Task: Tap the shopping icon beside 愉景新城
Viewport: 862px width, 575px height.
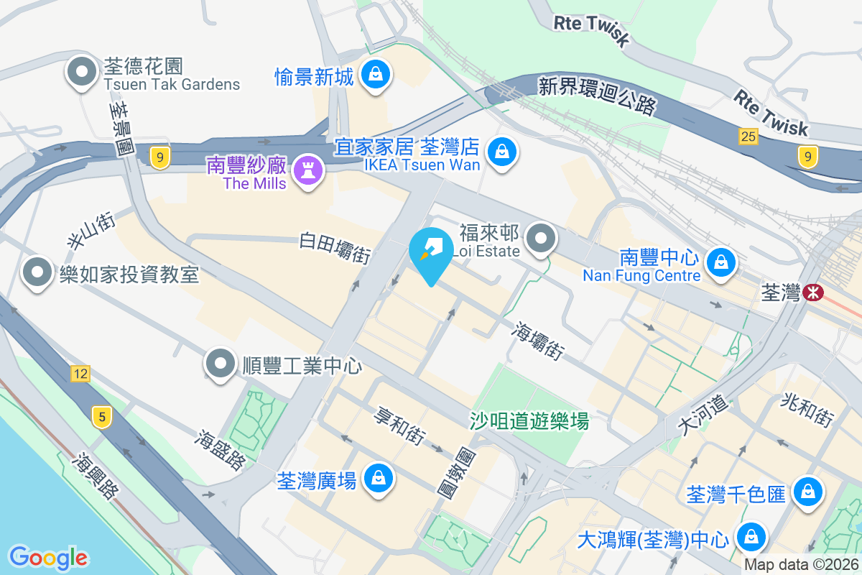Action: click(375, 74)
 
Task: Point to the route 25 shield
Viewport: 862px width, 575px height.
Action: click(748, 136)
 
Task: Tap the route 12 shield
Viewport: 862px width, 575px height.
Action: click(80, 373)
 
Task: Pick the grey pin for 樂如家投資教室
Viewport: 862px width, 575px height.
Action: click(37, 272)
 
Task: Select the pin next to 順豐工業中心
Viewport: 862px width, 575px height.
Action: click(221, 364)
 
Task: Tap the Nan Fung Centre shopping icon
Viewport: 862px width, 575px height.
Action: click(718, 263)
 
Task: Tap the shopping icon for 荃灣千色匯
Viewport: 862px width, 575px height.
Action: click(808, 492)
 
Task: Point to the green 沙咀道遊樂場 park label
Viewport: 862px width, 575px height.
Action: click(529, 420)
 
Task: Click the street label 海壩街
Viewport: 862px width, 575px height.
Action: click(538, 341)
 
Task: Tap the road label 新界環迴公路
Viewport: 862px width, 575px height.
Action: click(597, 96)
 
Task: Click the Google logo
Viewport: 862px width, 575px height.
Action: click(48, 557)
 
